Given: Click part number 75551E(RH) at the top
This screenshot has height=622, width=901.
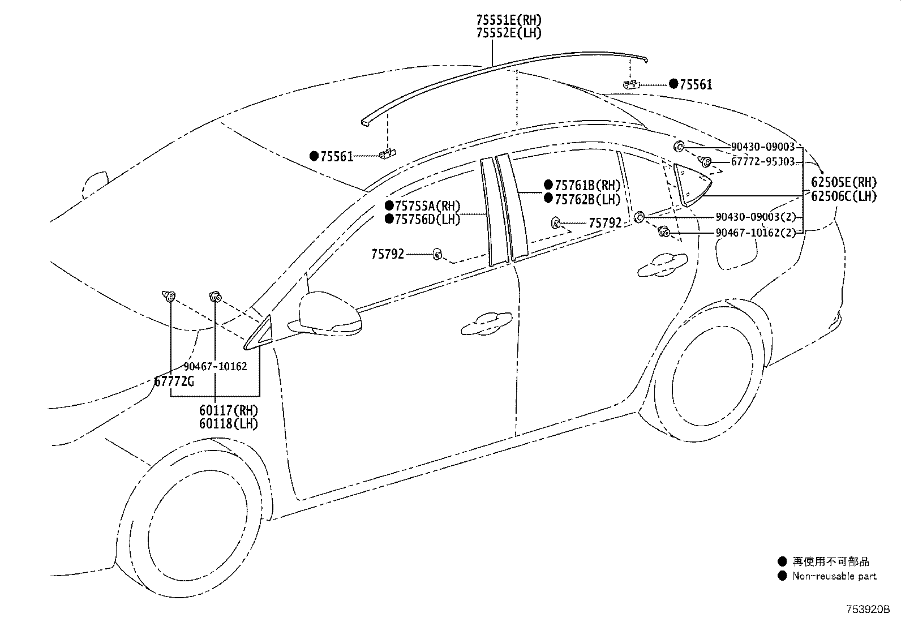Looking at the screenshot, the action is (x=509, y=20).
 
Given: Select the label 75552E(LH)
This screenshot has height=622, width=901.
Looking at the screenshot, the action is (x=509, y=33).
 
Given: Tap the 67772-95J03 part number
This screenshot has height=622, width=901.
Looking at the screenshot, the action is (x=763, y=162).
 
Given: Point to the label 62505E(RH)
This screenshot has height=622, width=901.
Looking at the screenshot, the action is (x=843, y=182).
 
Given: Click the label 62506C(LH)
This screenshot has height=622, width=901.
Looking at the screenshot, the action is (x=843, y=196).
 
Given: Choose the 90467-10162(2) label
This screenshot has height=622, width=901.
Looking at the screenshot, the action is (x=756, y=233).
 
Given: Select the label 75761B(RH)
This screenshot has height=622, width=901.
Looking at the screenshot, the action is (x=587, y=185).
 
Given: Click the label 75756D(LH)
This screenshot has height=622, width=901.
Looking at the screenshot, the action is (x=427, y=220).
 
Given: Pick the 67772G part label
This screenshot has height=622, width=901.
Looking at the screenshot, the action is (x=174, y=381).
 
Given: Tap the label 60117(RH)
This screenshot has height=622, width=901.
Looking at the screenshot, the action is (x=229, y=410).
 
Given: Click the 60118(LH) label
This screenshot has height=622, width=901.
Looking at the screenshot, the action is (x=229, y=424).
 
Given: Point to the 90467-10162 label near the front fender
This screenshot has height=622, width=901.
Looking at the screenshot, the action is (x=215, y=367).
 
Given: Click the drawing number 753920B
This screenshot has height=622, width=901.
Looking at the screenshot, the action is (x=868, y=610).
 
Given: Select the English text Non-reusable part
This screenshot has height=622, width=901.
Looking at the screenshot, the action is (x=834, y=576).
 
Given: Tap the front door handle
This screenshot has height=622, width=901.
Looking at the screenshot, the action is (x=487, y=324).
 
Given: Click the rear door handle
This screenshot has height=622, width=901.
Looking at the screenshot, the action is (x=663, y=265).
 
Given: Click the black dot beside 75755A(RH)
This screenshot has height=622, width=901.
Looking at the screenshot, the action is (x=389, y=205).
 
